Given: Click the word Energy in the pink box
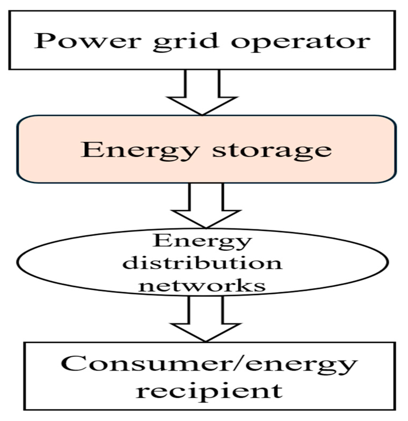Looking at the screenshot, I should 140,151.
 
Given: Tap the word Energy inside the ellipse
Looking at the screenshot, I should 202,241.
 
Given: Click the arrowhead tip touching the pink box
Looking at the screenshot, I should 202,115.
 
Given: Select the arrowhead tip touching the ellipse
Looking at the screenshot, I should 206,228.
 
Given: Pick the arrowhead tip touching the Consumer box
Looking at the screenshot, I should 206,341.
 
